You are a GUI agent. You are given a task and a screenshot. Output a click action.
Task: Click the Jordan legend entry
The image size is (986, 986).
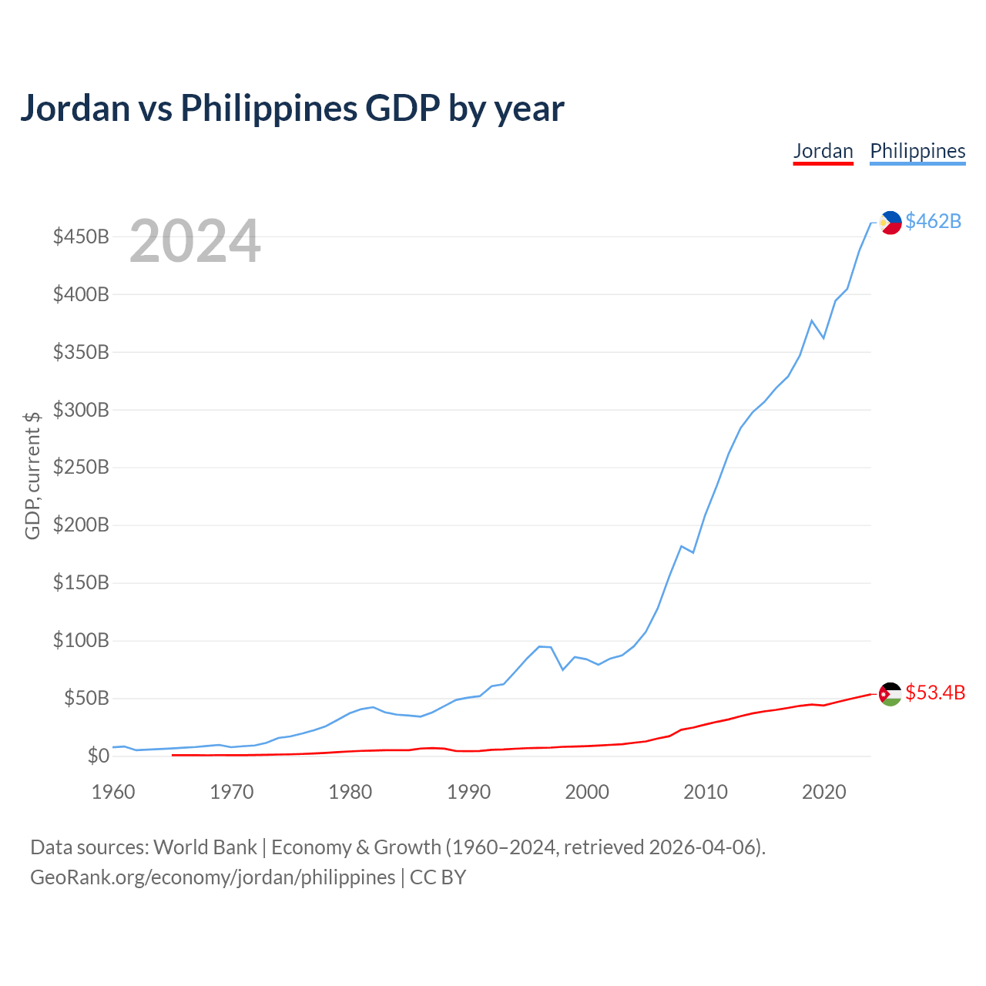click(823, 152)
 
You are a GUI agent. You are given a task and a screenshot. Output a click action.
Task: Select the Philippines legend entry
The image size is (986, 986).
click(917, 152)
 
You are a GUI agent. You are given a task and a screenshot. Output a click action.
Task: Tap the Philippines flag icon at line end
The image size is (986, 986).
click(890, 223)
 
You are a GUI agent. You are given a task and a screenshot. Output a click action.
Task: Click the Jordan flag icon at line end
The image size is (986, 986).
click(890, 694)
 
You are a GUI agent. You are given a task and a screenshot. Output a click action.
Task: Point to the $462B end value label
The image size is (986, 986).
click(933, 221)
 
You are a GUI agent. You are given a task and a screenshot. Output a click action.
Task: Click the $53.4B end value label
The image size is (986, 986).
click(935, 693)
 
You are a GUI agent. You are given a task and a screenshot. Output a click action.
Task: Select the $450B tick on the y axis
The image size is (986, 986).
click(81, 236)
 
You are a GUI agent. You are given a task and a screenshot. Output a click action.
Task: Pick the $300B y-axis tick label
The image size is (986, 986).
click(81, 409)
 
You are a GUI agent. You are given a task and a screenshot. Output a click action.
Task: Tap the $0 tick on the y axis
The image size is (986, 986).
click(99, 755)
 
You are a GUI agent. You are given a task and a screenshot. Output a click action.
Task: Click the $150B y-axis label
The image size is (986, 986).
click(81, 582)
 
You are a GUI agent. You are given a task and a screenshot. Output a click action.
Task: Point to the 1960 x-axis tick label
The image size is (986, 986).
click(113, 792)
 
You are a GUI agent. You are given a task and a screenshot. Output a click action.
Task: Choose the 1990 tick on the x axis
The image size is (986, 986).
click(468, 792)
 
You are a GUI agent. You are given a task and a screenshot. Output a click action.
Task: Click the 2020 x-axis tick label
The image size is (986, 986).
click(823, 792)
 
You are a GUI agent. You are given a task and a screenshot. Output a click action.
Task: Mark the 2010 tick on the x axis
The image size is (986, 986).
click(705, 792)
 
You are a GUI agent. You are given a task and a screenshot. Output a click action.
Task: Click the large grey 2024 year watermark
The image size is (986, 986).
click(195, 240)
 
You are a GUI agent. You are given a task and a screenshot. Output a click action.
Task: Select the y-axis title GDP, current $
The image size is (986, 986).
click(32, 475)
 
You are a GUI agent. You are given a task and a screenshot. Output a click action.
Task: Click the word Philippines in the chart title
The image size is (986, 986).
click(269, 109)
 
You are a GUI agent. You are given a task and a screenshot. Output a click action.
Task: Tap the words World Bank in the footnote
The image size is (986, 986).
click(205, 847)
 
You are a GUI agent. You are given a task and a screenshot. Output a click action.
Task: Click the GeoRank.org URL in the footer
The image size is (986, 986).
click(213, 877)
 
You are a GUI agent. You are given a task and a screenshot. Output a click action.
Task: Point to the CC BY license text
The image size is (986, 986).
click(438, 877)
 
